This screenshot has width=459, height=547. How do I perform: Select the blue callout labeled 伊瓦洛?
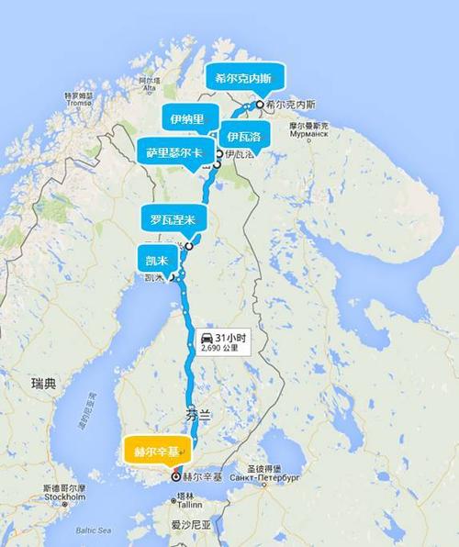(x=243, y=138)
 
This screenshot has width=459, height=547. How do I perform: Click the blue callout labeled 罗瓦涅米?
(x=174, y=220)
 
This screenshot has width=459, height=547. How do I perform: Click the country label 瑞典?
(x=42, y=382)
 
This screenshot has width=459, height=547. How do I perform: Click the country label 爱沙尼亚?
(x=191, y=527)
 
